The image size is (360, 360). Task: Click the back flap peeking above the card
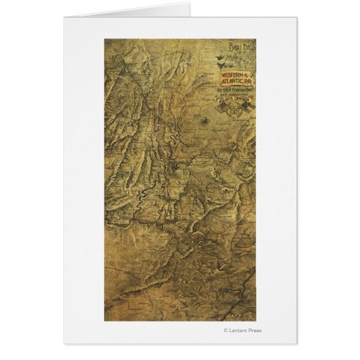click(129, 11)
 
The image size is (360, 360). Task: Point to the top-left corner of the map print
click(105, 39)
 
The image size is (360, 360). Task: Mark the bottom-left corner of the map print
click(105, 321)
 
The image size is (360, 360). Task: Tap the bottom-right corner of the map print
click(256, 321)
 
